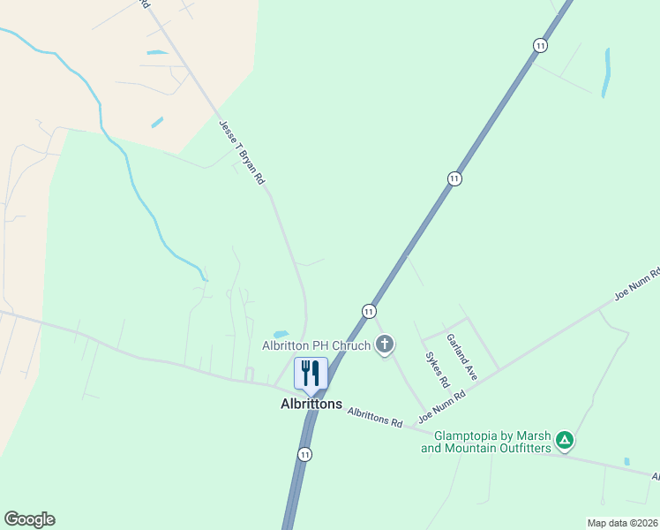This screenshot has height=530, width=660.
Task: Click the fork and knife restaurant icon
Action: [311, 373]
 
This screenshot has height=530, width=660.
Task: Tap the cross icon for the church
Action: [384, 344]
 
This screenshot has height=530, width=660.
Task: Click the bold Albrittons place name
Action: [311, 404]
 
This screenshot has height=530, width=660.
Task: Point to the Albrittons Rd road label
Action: [375, 417]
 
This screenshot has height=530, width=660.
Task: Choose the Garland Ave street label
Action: [461, 357]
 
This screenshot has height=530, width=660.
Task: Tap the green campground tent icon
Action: [565, 439]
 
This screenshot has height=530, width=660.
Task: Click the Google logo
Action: [29, 519]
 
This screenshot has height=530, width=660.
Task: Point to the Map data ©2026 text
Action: [621, 523]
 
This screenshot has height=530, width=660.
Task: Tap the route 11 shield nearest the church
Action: [369, 311]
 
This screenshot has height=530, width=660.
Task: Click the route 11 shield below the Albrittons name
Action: [304, 454]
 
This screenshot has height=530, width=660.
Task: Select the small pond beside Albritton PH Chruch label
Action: [281, 334]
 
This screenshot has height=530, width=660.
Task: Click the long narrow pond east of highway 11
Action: [606, 72]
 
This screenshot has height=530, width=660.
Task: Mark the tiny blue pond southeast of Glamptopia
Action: [626, 461]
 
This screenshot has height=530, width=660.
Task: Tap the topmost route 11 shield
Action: [540, 45]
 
